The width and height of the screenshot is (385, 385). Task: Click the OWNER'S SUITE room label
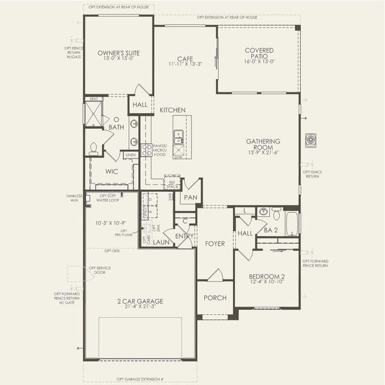(119, 53)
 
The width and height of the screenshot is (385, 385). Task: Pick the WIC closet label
(112, 171)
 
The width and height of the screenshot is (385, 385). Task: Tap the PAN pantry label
(191, 198)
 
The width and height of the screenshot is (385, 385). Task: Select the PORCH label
(214, 298)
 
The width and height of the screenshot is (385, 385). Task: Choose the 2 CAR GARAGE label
(141, 301)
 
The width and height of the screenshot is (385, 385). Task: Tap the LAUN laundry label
(160, 243)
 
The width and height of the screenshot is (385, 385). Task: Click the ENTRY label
(184, 236)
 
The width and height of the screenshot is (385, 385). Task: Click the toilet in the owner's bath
(94, 149)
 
